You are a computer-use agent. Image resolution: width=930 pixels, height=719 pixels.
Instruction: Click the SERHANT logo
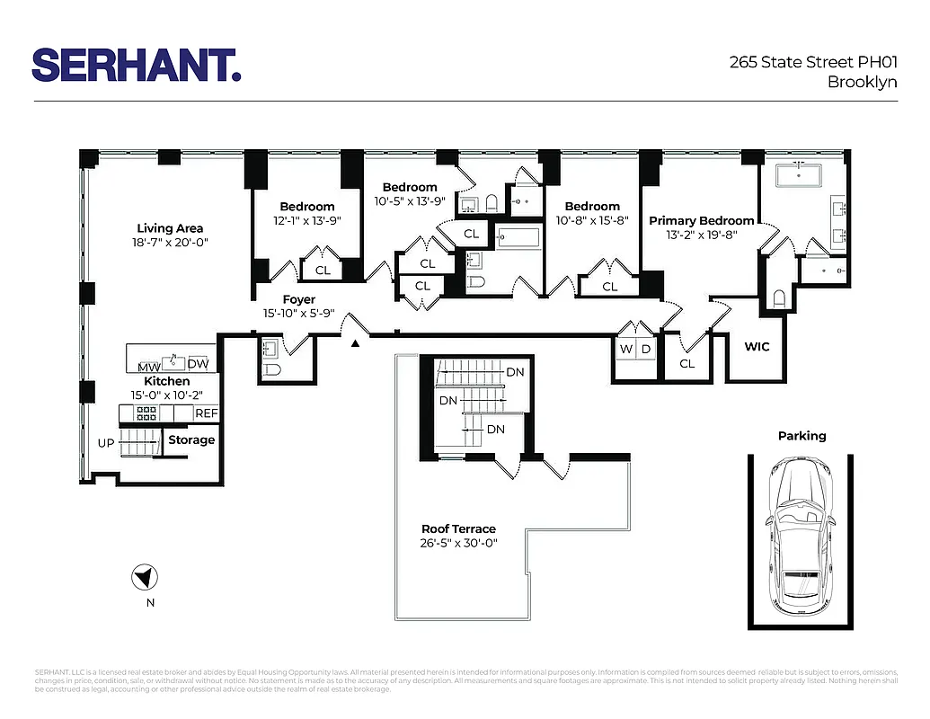[x=136, y=66]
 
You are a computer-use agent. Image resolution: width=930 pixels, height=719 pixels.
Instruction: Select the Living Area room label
[x=170, y=228]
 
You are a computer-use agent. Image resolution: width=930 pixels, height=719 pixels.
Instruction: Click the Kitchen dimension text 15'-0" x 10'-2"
[x=168, y=395]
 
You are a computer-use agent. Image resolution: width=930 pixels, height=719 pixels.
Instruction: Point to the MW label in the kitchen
[x=148, y=366]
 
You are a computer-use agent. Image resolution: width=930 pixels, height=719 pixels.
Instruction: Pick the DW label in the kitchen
[x=199, y=365]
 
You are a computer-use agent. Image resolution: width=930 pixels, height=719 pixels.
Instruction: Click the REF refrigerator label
[x=207, y=413]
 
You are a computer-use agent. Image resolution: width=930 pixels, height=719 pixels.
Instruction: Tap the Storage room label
[x=191, y=439]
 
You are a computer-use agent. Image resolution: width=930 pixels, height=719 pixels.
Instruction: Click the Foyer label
[x=299, y=299]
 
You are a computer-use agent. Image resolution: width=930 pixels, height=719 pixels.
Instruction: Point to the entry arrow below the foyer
[x=356, y=343]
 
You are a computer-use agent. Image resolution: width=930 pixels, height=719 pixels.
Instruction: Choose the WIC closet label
[x=757, y=346]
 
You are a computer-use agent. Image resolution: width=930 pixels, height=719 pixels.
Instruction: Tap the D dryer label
[x=645, y=349]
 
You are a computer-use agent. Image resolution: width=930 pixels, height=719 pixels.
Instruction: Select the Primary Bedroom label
[x=702, y=220]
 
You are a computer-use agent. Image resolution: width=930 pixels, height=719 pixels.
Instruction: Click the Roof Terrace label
[x=458, y=528]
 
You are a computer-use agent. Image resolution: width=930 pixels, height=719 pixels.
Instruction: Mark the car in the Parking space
[x=801, y=537]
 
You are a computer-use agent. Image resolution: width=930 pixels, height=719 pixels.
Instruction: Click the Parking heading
[x=802, y=436]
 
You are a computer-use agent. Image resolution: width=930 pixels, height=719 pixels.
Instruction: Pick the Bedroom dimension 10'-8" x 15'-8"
[x=592, y=219]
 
